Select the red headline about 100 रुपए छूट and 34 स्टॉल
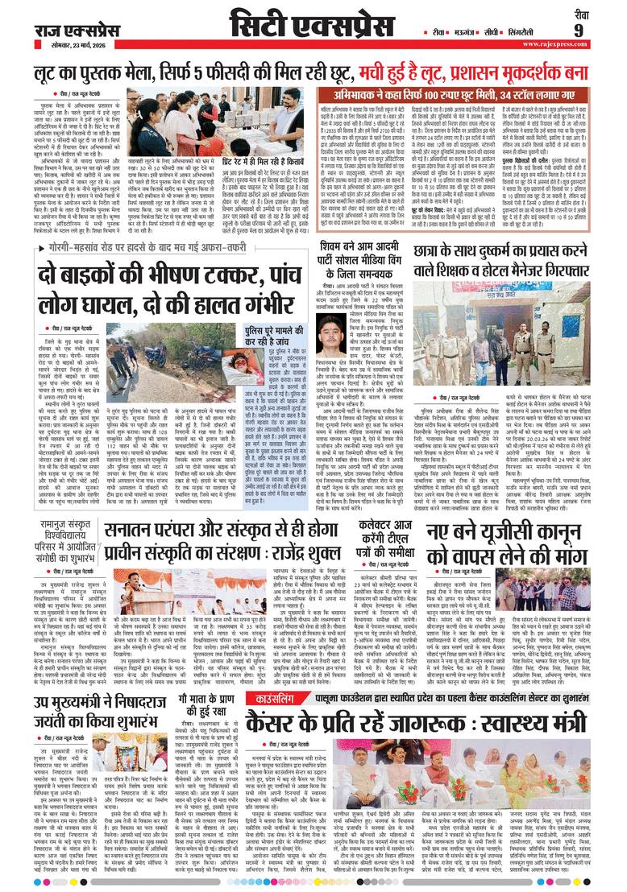[x=458, y=95]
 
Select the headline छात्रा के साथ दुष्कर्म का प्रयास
[x=507, y=261]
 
